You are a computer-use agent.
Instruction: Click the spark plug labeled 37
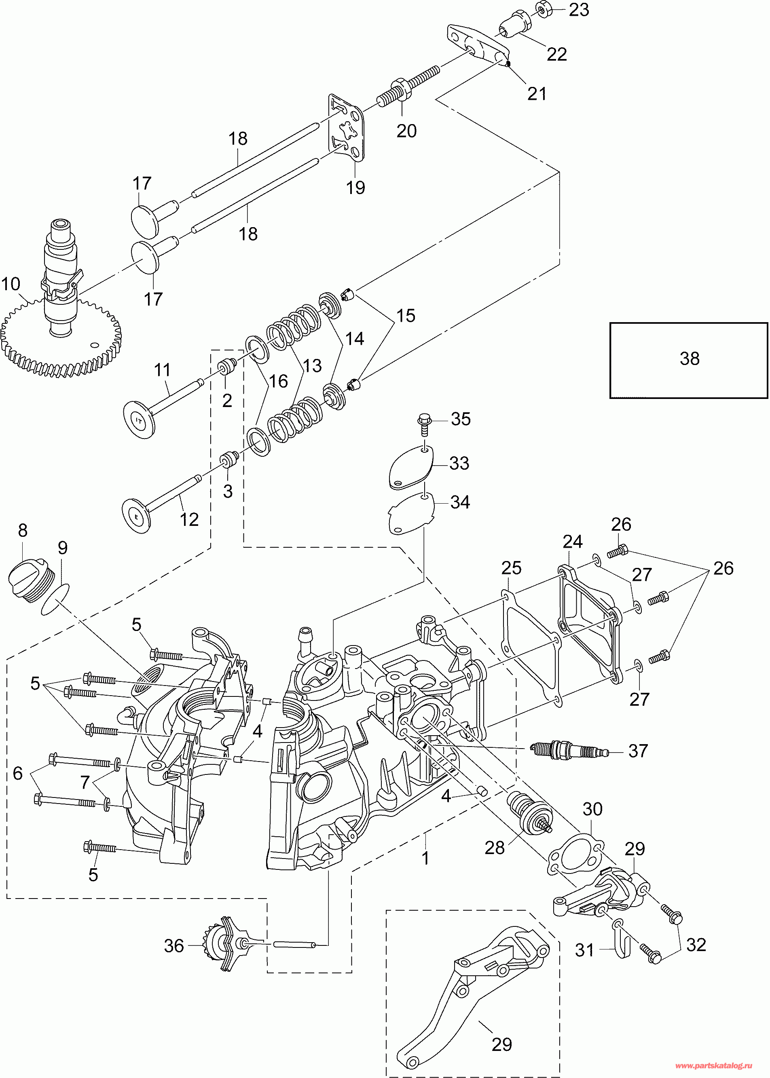569,750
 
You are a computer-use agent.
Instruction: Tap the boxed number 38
689,359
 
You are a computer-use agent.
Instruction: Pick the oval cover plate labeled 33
410,467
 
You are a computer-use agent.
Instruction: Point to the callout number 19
355,188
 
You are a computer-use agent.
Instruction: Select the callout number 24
572,542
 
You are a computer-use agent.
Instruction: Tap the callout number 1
425,858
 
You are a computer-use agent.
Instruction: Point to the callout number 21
537,94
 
